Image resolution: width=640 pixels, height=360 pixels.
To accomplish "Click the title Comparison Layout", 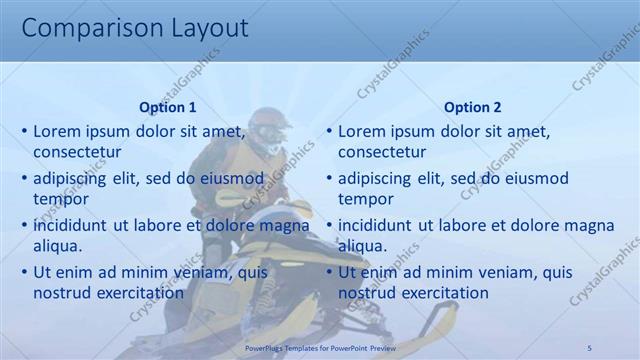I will click(x=135, y=28).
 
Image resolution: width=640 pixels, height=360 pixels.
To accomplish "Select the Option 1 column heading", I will click(x=168, y=107).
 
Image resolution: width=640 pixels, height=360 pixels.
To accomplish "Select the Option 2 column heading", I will click(x=472, y=107).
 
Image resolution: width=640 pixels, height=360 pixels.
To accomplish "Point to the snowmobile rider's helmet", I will click(x=269, y=127).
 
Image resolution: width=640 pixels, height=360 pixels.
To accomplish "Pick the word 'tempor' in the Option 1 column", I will click(x=61, y=199).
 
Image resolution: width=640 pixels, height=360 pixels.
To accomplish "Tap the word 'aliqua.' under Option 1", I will click(x=58, y=246).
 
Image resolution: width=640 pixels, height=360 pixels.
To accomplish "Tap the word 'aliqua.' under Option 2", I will click(x=362, y=246).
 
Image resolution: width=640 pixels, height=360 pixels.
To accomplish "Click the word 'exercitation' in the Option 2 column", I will click(x=441, y=293).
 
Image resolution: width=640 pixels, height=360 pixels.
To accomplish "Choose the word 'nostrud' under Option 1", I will click(x=62, y=293).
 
